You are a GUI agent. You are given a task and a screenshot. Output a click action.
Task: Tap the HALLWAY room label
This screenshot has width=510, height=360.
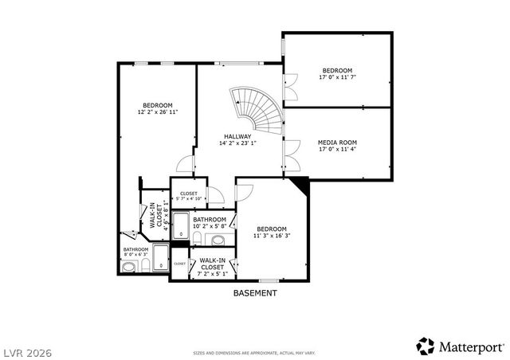237,137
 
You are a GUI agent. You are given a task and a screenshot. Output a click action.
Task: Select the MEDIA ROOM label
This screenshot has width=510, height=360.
337,143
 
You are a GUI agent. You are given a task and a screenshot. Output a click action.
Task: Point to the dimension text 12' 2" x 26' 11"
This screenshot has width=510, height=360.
157,112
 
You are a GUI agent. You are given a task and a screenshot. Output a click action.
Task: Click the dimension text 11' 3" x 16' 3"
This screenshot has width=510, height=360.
271,236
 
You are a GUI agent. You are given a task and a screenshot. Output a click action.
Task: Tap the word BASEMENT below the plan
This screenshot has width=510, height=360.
255,293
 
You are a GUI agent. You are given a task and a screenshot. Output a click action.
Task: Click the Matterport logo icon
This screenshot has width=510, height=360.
426,346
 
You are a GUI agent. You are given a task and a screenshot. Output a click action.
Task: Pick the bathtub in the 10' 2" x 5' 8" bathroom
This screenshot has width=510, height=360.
180,226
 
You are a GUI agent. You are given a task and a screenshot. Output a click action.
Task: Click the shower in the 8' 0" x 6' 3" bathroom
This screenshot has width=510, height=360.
160,257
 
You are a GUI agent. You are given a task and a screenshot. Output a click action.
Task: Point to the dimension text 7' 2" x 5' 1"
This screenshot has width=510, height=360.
213,274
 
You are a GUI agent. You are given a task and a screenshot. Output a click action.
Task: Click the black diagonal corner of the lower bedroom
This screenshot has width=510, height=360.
301,186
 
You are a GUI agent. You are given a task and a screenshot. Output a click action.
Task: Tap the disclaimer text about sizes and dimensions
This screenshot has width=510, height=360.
254,351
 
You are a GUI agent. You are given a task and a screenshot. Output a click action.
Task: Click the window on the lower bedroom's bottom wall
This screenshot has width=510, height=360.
268,280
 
